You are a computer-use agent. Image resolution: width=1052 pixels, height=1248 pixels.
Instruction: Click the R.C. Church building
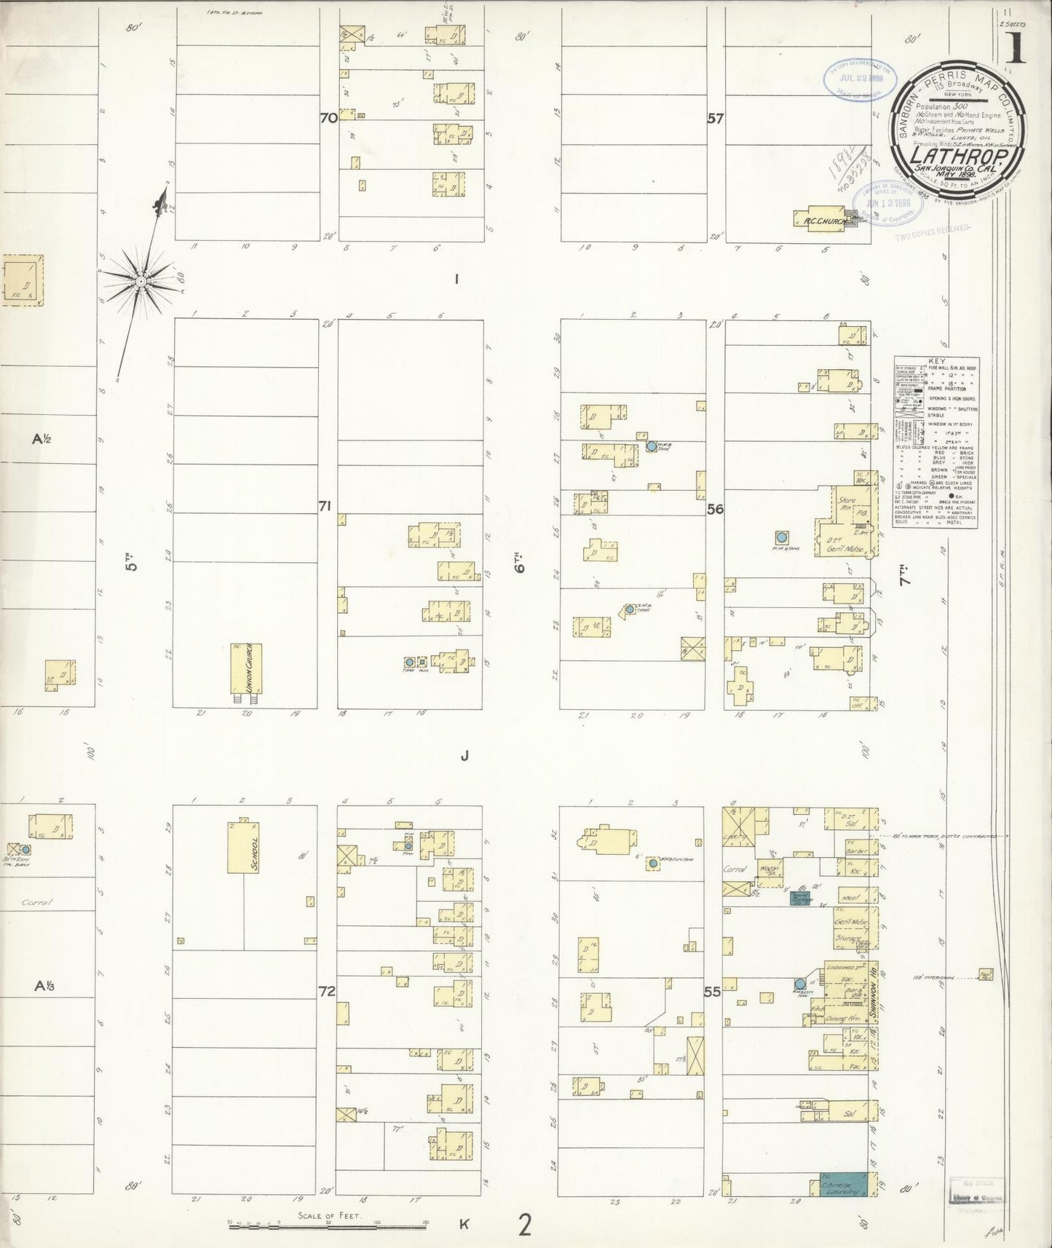[822, 219]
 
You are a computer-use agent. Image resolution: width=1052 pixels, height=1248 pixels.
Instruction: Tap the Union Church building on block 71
[246, 668]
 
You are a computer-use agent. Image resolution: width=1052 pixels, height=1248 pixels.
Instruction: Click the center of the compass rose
[141, 280]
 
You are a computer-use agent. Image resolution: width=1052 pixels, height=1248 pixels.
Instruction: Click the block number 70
[328, 117]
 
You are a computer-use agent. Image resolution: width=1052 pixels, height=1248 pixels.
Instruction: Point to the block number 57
[715, 118]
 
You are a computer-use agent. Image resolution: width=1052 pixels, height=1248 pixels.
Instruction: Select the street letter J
[464, 756]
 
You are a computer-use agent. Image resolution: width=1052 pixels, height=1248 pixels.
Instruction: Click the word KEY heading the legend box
[937, 361]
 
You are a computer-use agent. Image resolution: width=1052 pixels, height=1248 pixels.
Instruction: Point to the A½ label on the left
[41, 439]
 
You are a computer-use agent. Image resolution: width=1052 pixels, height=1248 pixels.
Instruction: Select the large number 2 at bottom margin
[524, 1226]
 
